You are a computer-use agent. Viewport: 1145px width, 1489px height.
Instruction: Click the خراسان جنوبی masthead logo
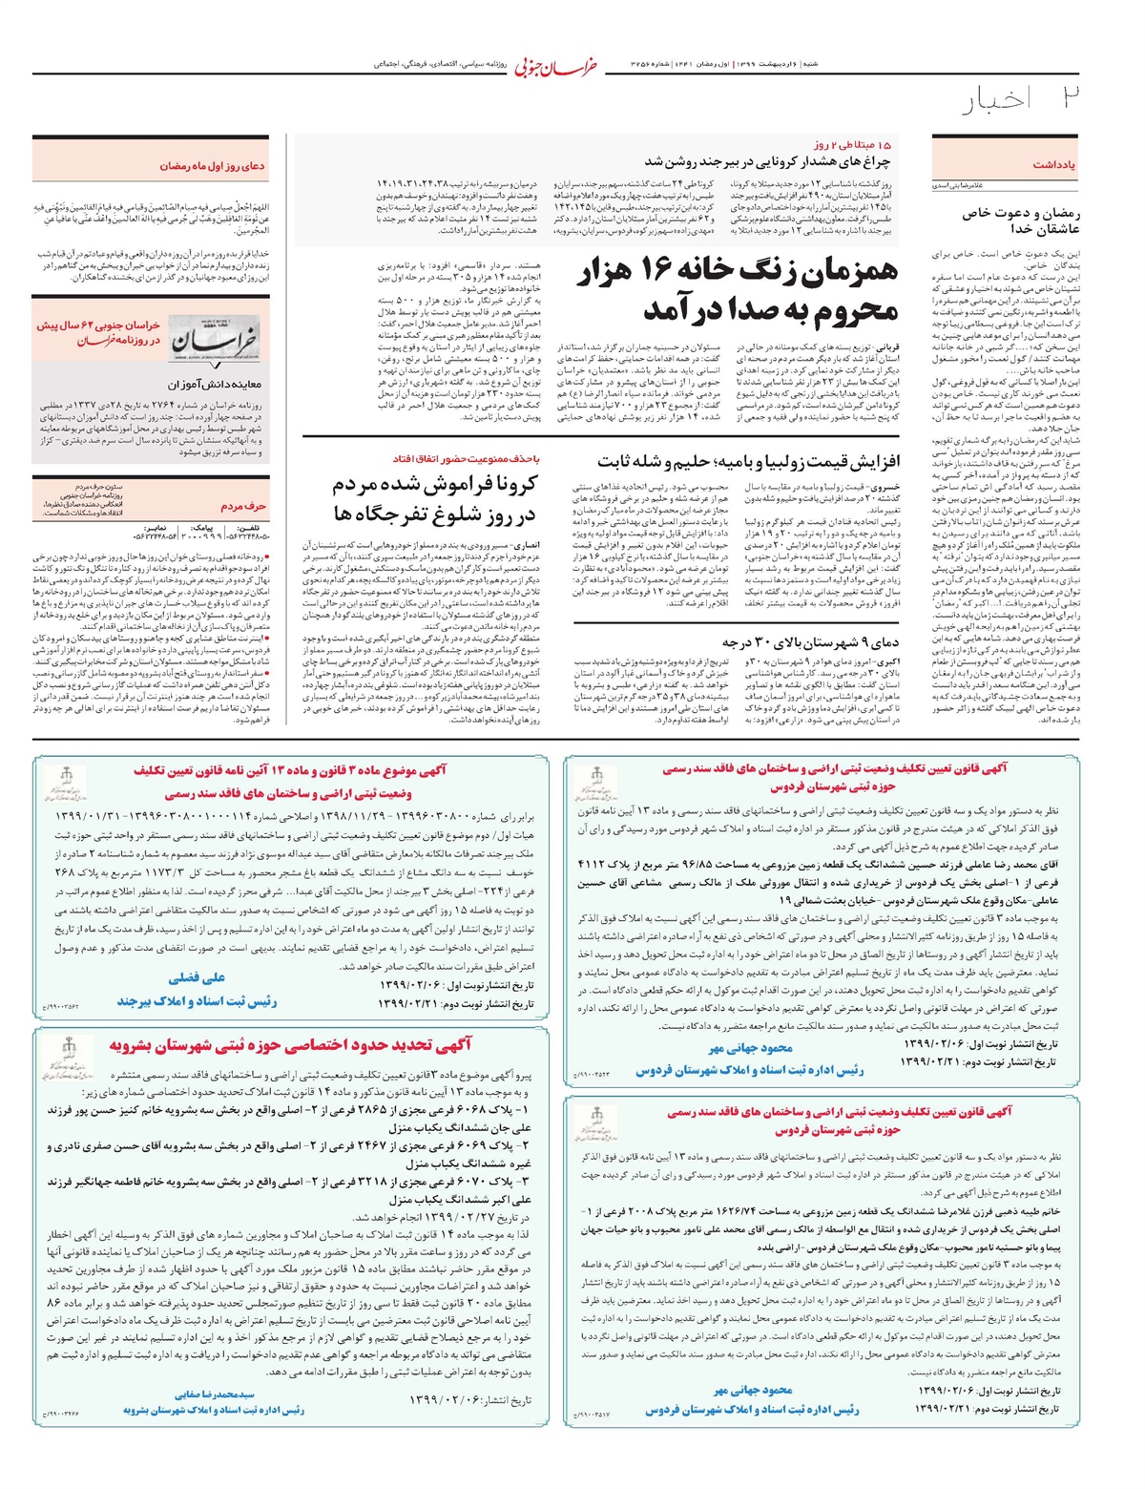559,66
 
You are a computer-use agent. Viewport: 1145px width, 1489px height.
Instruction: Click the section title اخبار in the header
997,100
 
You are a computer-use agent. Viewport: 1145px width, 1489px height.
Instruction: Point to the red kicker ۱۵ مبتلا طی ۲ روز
856,144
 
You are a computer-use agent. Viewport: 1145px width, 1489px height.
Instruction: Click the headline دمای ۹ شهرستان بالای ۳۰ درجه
811,641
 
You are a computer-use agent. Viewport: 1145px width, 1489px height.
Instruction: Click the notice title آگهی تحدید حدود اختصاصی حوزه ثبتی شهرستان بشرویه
290,1044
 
